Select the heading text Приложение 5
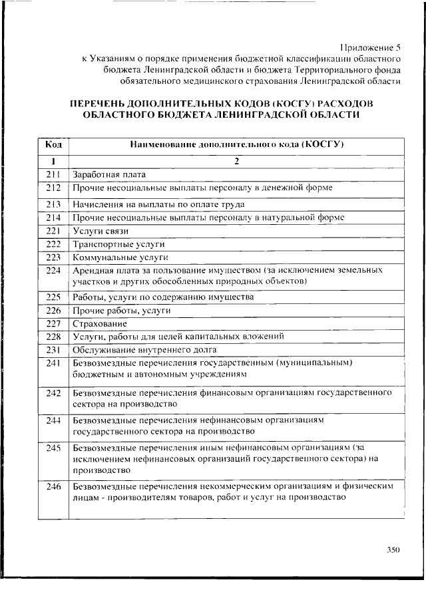pyautogui.click(x=371, y=46)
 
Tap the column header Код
pyautogui.click(x=54, y=144)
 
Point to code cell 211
pyautogui.click(x=54, y=174)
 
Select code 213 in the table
pyautogui.click(x=54, y=204)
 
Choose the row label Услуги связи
pyautogui.click(x=101, y=231)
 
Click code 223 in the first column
pyautogui.click(x=54, y=257)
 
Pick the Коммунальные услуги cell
pyautogui.click(x=111, y=257)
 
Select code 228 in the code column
pyautogui.click(x=54, y=337)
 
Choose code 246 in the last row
pyautogui.click(x=54, y=486)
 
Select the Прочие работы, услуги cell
pyautogui.click(x=113, y=310)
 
